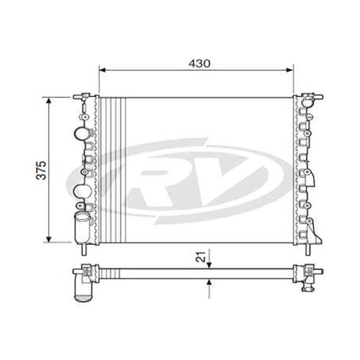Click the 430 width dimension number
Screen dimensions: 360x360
coord(199,63)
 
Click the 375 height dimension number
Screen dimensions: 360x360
coord(42,170)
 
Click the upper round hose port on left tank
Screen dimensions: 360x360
coord(80,134)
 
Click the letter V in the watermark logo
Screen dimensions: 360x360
coord(220,176)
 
